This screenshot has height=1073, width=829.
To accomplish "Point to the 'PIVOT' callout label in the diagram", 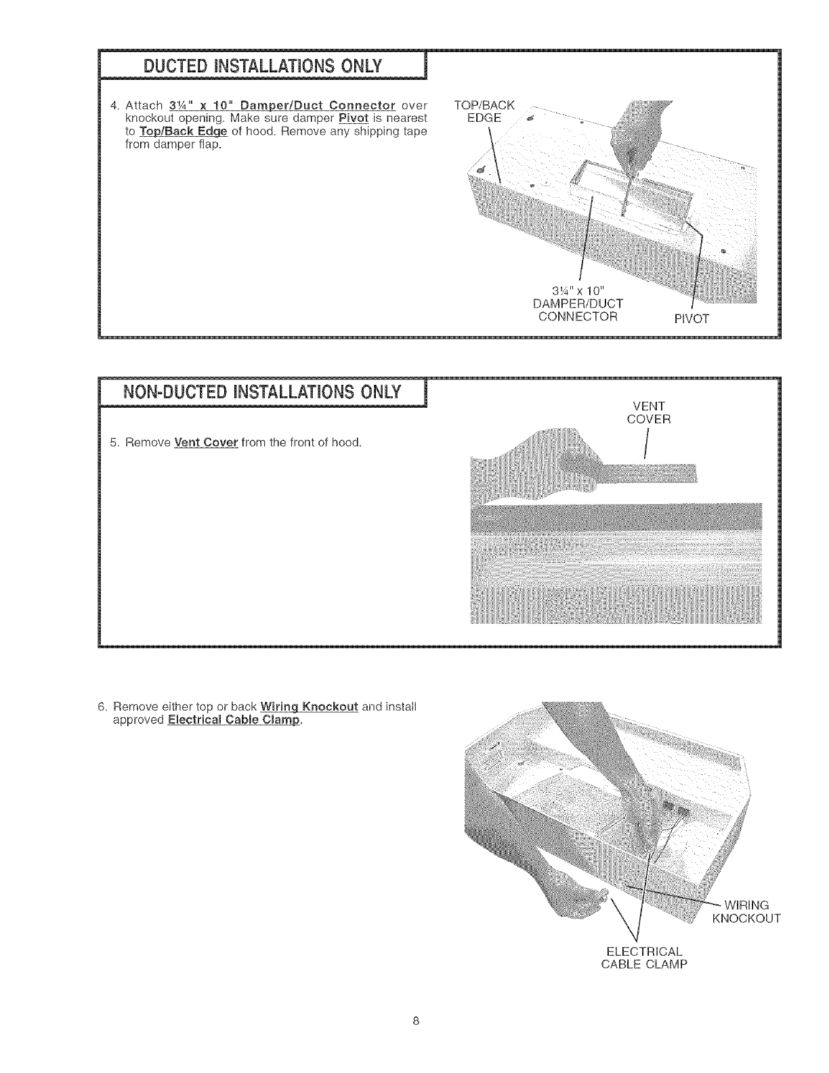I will click(690, 320).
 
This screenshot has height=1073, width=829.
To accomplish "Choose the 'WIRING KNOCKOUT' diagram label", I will click(746, 912).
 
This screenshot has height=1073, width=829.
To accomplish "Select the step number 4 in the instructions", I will click(114, 106).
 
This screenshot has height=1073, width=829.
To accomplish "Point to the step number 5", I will click(114, 444).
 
